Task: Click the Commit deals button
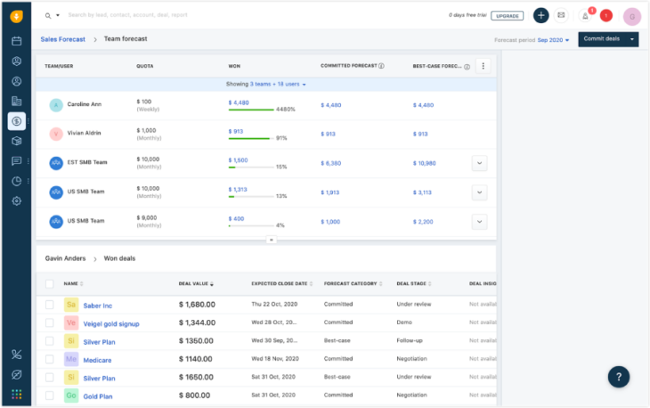click(x=600, y=39)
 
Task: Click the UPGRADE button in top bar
click(x=508, y=16)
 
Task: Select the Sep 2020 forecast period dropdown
click(x=553, y=40)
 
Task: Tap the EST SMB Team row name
click(x=88, y=162)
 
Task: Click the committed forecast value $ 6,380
click(x=331, y=163)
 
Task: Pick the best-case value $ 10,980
click(x=425, y=163)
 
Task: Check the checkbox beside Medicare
click(x=50, y=359)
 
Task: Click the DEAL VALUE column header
click(x=194, y=283)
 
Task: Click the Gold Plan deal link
click(x=98, y=396)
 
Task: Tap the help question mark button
click(x=619, y=376)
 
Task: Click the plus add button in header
click(x=541, y=15)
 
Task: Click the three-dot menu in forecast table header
click(x=483, y=65)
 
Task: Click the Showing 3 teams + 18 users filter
click(x=265, y=84)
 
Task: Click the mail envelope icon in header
click(x=561, y=15)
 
